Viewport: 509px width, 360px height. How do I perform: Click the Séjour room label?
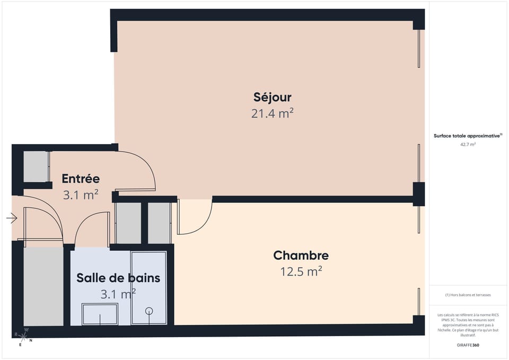pyautogui.click(x=272, y=98)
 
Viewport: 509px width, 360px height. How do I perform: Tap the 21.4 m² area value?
pyautogui.click(x=272, y=113)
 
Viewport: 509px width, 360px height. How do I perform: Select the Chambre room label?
pyautogui.click(x=301, y=256)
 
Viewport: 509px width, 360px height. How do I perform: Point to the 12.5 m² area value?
pyautogui.click(x=301, y=271)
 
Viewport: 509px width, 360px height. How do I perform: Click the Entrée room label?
pyautogui.click(x=81, y=179)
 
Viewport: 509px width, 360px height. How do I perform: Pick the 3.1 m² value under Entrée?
pyautogui.click(x=81, y=195)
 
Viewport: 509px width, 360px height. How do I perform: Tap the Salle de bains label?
pyautogui.click(x=118, y=278)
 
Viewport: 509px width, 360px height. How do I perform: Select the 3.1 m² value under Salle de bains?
pyautogui.click(x=118, y=293)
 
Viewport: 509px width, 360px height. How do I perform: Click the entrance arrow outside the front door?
pyautogui.click(x=12, y=217)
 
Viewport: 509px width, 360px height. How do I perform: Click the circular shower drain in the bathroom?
pyautogui.click(x=149, y=311)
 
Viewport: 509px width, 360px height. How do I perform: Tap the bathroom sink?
pyautogui.click(x=100, y=314)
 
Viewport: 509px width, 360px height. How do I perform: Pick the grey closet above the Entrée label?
pyautogui.click(x=36, y=166)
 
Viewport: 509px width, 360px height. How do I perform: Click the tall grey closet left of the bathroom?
pyautogui.click(x=43, y=286)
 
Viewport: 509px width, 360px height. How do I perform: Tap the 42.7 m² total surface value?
pyautogui.click(x=468, y=144)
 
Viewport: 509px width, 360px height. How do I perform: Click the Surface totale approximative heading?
pyautogui.click(x=468, y=136)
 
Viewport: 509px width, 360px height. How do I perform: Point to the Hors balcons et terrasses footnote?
pyautogui.click(x=468, y=295)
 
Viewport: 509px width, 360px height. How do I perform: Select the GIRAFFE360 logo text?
pyautogui.click(x=468, y=345)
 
